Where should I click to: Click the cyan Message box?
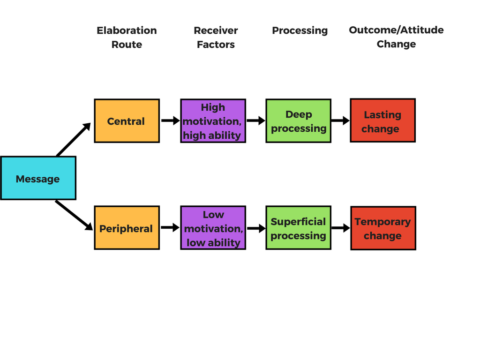pyautogui.click(x=38, y=178)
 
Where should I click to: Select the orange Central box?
pyautogui.click(x=127, y=120)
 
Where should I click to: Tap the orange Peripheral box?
pyautogui.click(x=127, y=228)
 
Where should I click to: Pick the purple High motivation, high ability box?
pyautogui.click(x=213, y=120)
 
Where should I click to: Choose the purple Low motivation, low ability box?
pyautogui.click(x=213, y=228)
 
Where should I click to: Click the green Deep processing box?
pyautogui.click(x=299, y=120)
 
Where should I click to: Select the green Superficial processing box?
pyautogui.click(x=299, y=228)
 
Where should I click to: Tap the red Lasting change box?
pyautogui.click(x=382, y=120)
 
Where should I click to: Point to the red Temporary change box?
pyautogui.click(x=383, y=228)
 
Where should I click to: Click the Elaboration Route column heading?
pyautogui.click(x=127, y=37)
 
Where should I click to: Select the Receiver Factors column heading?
pyautogui.click(x=216, y=37)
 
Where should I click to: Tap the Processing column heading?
pyautogui.click(x=300, y=30)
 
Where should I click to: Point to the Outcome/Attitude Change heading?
pyautogui.click(x=396, y=37)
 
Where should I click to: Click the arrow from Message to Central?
pyautogui.click(x=74, y=139)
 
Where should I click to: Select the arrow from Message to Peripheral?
pyautogui.click(x=74, y=215)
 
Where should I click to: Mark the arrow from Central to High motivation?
pyautogui.click(x=171, y=120)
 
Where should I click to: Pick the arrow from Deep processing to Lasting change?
pyautogui.click(x=340, y=120)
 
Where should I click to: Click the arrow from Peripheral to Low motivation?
pyautogui.click(x=170, y=227)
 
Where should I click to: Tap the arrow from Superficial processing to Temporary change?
pyautogui.click(x=341, y=228)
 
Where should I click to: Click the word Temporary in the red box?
pyautogui.click(x=382, y=222)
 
